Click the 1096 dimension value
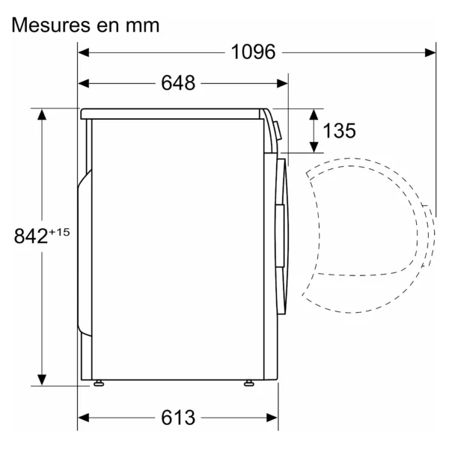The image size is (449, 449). coord(253,52)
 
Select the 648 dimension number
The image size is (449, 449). coord(178,83)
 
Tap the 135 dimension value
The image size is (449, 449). coord(339,130)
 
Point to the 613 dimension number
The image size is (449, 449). coord(178,418)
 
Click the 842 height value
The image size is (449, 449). coord(31,236)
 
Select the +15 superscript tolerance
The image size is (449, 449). coord(59,232)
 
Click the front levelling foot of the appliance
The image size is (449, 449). coord(249,383)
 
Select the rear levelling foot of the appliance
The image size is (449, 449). coord(99,383)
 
